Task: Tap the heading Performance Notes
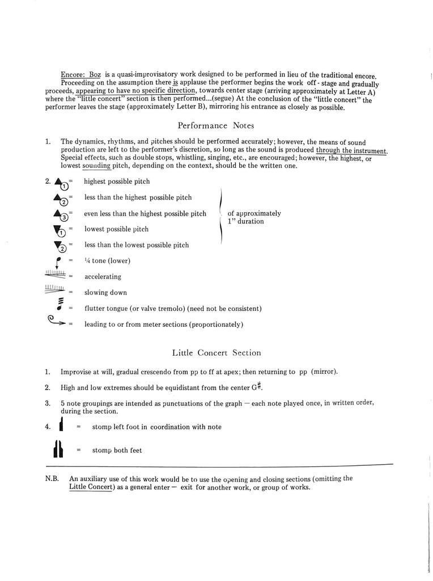click(x=216, y=125)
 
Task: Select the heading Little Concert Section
click(x=216, y=353)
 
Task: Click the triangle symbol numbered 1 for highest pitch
click(x=61, y=183)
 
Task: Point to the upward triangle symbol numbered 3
click(x=61, y=214)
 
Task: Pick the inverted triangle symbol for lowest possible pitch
click(x=60, y=230)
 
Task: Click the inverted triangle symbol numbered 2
click(x=60, y=246)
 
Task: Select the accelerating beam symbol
click(x=55, y=276)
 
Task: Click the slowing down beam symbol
click(x=55, y=291)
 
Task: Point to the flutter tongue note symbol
click(x=60, y=308)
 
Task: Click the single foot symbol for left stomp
click(x=60, y=426)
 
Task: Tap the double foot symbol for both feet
click(x=58, y=450)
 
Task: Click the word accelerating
click(x=103, y=277)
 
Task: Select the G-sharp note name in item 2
click(x=258, y=388)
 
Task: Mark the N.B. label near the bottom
click(x=52, y=479)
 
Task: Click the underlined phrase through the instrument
click(x=351, y=150)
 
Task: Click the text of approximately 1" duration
click(x=254, y=217)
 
